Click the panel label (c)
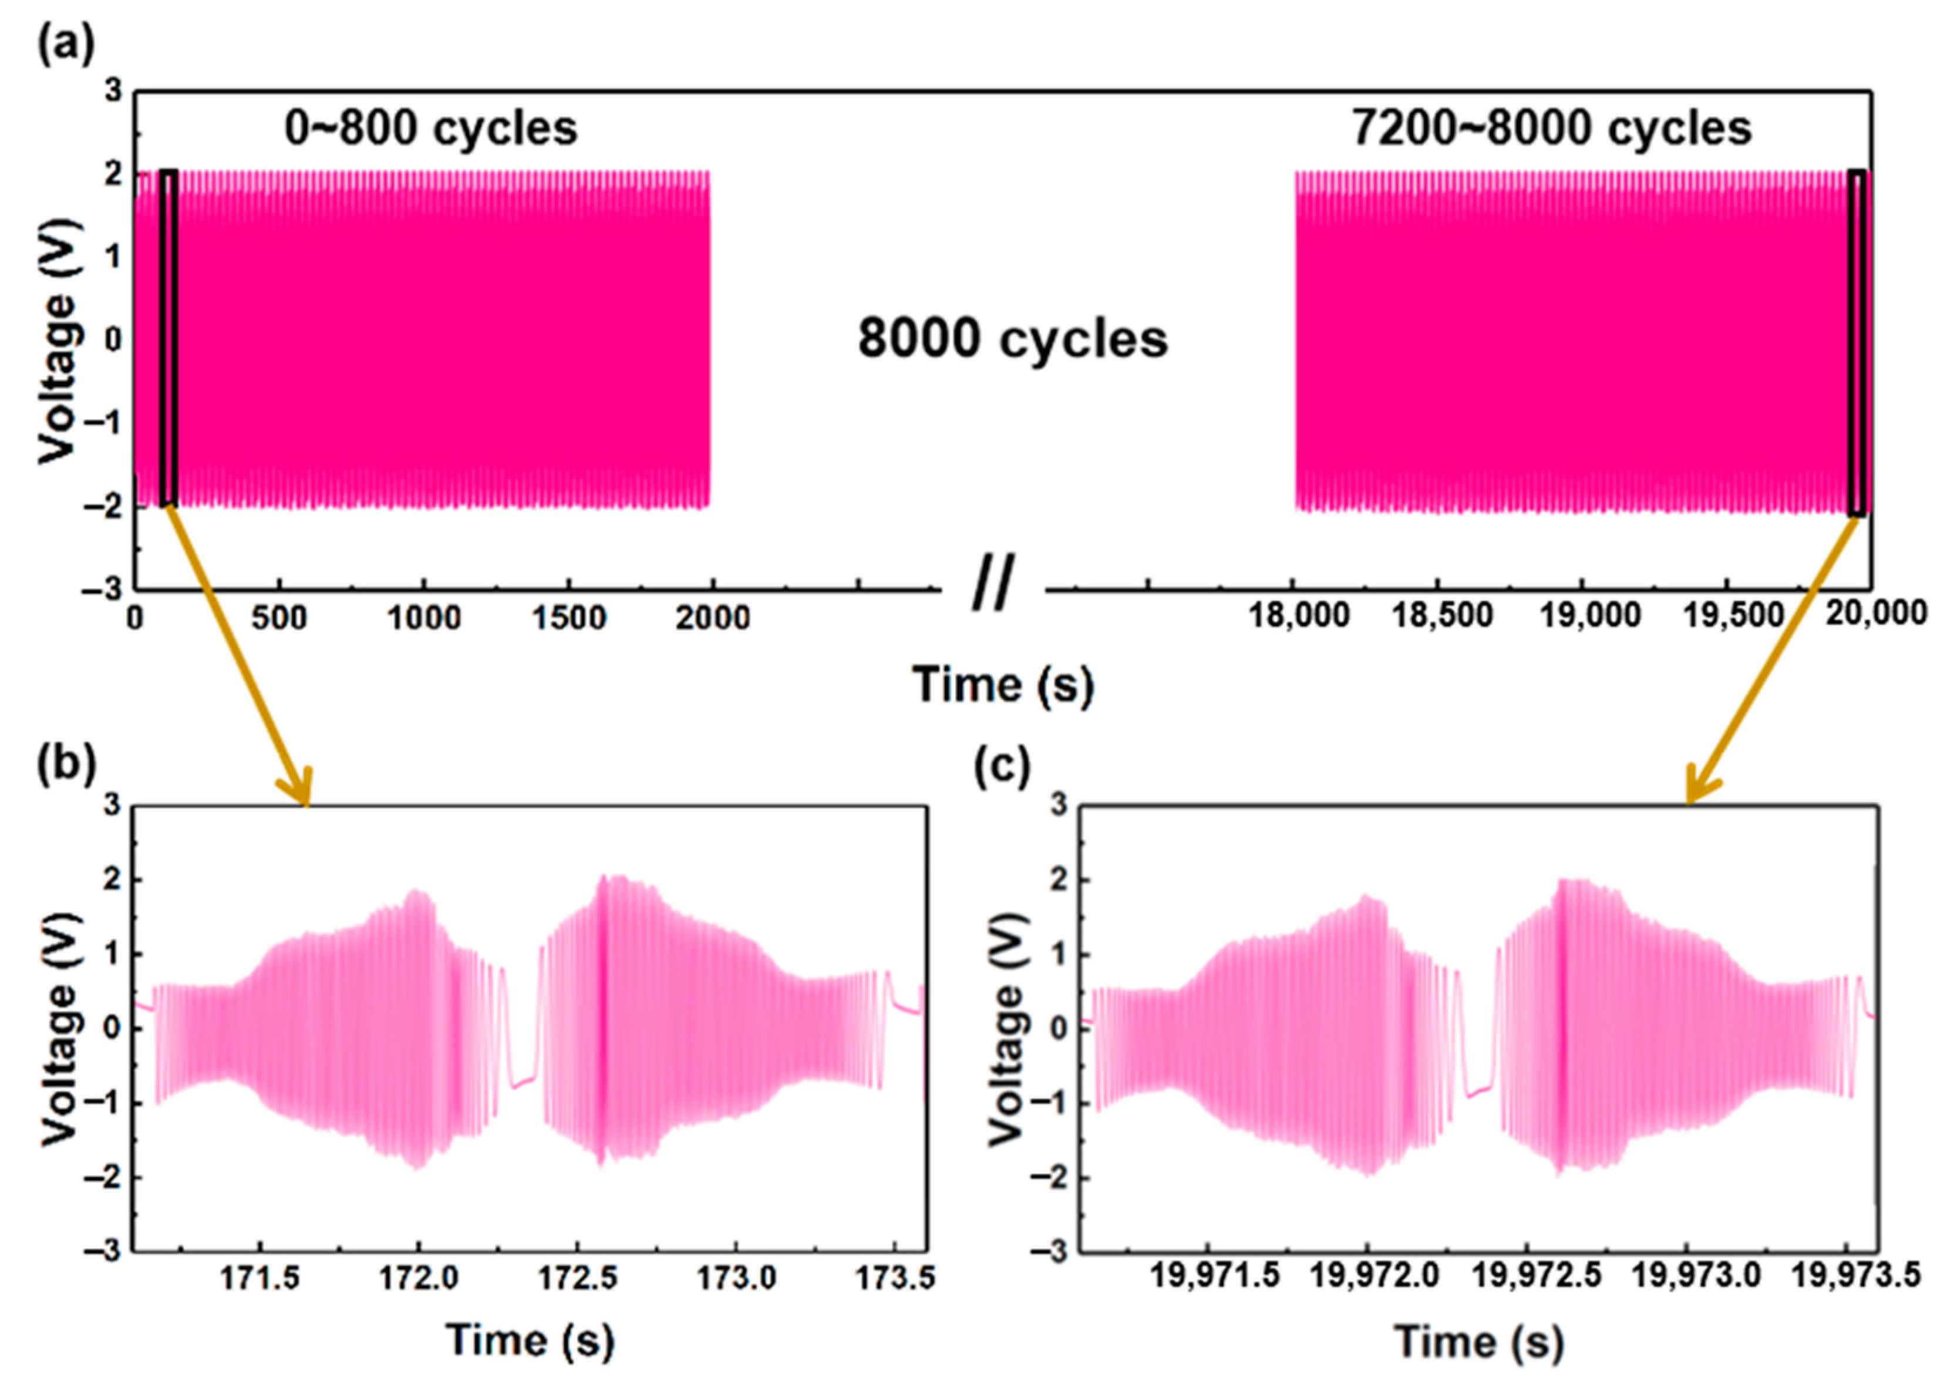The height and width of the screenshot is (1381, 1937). (x=1002, y=764)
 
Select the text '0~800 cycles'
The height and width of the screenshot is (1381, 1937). (x=430, y=129)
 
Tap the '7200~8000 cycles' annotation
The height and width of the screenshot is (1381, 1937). (x=1551, y=129)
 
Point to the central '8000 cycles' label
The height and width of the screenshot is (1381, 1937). (x=1012, y=338)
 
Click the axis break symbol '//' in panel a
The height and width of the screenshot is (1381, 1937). (x=992, y=585)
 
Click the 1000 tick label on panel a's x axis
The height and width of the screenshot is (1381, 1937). (x=423, y=619)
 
